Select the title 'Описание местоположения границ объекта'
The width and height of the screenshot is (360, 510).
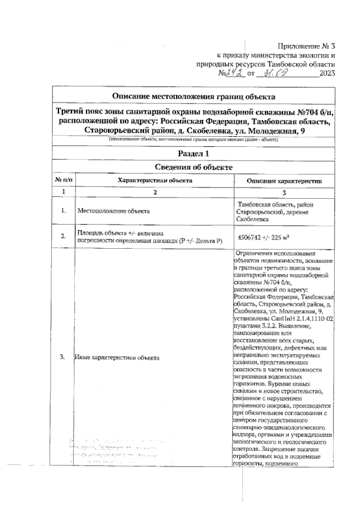click(x=193, y=96)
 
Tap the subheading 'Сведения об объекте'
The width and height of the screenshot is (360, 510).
click(x=193, y=167)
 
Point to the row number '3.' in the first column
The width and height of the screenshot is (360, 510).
click(x=63, y=357)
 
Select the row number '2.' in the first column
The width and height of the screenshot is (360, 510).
click(x=63, y=237)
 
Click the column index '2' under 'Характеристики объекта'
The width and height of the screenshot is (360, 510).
click(x=155, y=193)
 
